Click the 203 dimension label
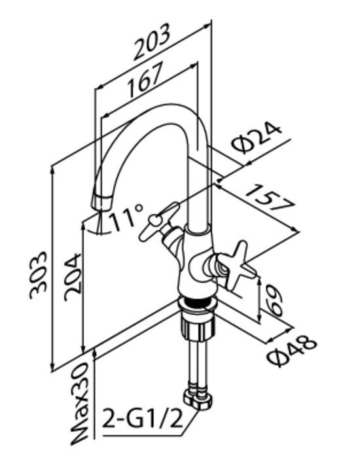pyautogui.click(x=152, y=41)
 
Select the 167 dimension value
pyautogui.click(x=145, y=80)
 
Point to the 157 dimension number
pyautogui.click(x=270, y=198)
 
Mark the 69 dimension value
pyautogui.click(x=274, y=300)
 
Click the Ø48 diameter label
pyautogui.click(x=292, y=352)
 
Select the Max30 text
pyautogui.click(x=79, y=404)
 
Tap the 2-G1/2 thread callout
pyautogui.click(x=143, y=420)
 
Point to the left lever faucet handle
pyautogui.click(x=159, y=221)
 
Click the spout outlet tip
pyautogui.click(x=101, y=202)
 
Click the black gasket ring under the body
pyautogui.click(x=196, y=303)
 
